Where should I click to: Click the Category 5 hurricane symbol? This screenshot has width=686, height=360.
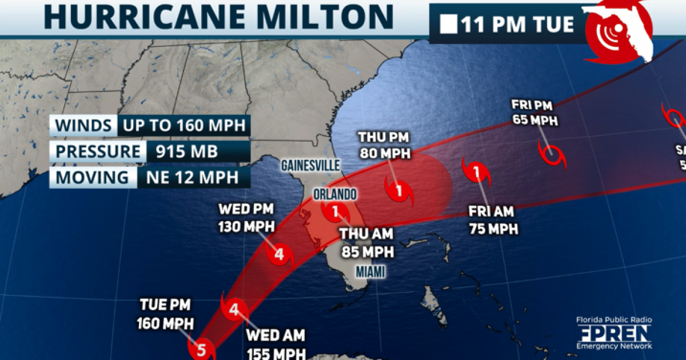[201, 349]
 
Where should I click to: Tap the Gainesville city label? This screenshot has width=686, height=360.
[310, 165]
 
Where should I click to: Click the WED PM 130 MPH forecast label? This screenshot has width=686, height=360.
[246, 217]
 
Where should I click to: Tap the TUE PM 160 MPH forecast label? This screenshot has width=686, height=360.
[165, 315]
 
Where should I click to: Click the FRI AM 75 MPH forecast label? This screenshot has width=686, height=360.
[493, 220]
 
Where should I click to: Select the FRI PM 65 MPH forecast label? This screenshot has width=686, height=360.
[535, 112]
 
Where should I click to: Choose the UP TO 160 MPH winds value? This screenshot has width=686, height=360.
[184, 125]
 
